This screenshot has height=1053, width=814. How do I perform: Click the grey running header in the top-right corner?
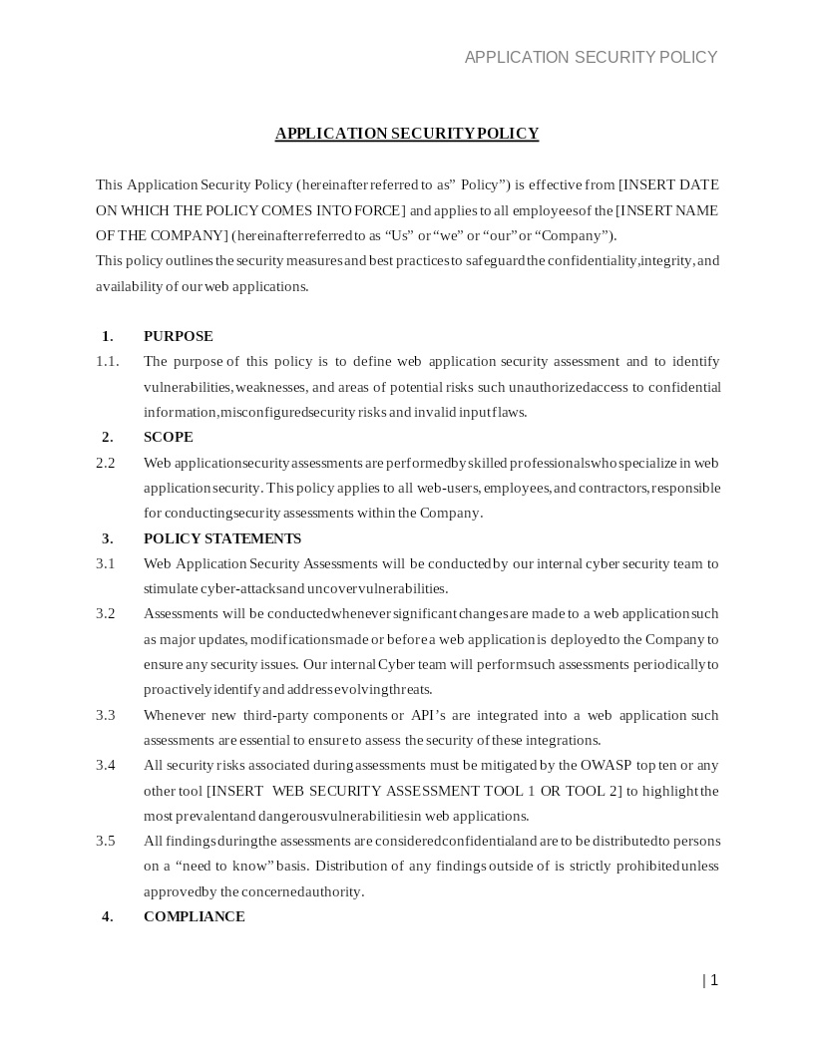(591, 57)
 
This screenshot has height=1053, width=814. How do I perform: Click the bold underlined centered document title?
(407, 134)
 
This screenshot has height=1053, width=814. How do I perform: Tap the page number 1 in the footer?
(713, 980)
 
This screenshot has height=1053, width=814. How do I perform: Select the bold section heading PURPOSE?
(178, 336)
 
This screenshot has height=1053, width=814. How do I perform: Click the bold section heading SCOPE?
(168, 437)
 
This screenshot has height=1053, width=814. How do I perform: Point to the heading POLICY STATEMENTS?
(221, 538)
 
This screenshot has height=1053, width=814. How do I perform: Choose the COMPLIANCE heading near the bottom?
(194, 916)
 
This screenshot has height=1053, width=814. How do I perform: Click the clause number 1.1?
(107, 361)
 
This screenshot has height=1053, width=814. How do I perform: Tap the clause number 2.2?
(106, 463)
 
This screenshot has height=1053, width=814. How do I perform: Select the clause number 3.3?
(106, 715)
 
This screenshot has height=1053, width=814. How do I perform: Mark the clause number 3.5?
(106, 841)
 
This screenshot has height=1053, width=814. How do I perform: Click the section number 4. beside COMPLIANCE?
(107, 916)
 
